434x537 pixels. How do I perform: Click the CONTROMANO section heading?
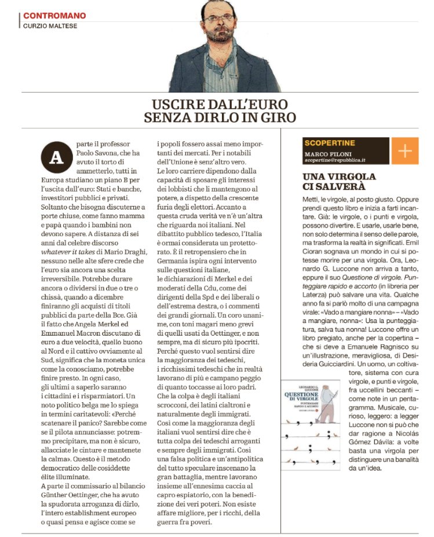tap(54, 16)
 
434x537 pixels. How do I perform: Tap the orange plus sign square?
tap(405, 152)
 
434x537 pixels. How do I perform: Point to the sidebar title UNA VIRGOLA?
tap(340, 176)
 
